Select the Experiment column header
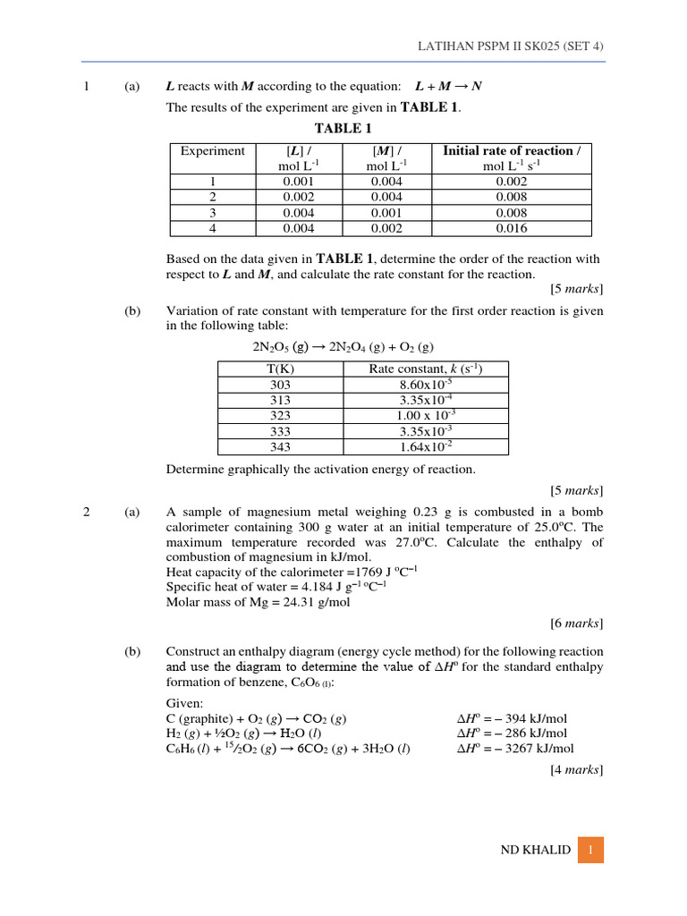tap(212, 151)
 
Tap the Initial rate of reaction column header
tap(512, 151)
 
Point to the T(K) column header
tap(280, 369)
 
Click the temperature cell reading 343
tap(280, 446)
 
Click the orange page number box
tap(590, 850)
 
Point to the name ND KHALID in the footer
tap(535, 850)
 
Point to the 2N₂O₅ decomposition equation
tap(343, 347)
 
